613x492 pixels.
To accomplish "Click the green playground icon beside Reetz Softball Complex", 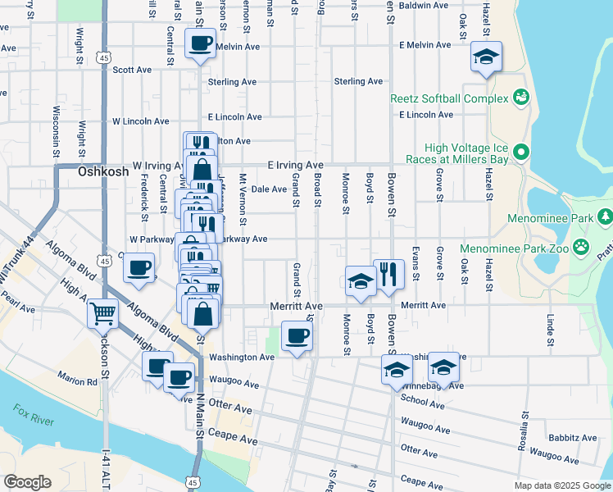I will click(x=520, y=98).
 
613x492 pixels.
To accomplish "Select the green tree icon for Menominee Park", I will click(x=605, y=217).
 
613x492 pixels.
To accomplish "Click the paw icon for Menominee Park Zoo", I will click(x=580, y=246).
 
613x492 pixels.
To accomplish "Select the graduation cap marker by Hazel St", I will click(x=486, y=57).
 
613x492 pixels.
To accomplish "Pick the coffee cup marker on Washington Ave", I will click(x=297, y=335).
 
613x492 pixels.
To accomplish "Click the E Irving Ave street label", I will click(x=295, y=165).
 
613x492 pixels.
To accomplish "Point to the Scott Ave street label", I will click(x=132, y=71).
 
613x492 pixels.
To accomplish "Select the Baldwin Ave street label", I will click(x=422, y=5).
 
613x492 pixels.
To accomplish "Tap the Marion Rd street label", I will click(x=78, y=378).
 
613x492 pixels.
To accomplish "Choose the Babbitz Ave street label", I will click(x=571, y=439).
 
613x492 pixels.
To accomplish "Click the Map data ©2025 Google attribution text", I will click(x=561, y=485).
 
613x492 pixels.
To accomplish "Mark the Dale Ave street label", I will click(x=268, y=189).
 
